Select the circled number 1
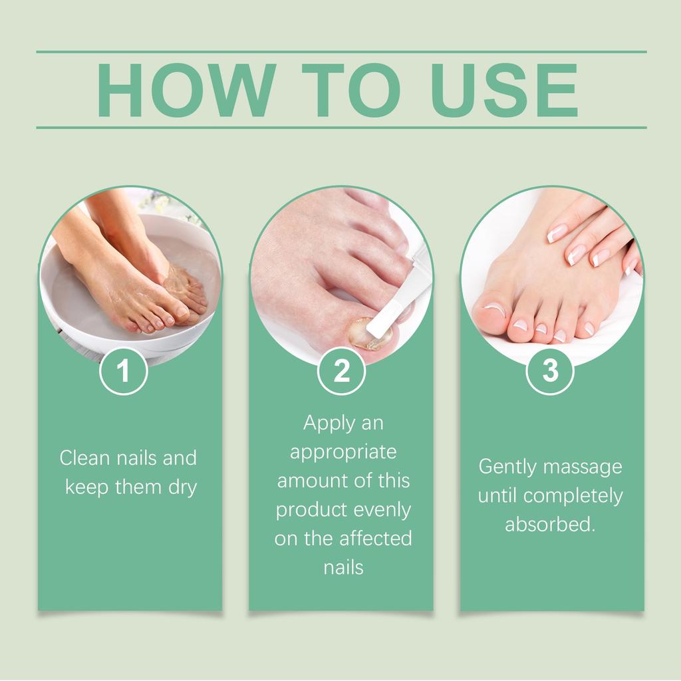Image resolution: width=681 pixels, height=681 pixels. pos(123,371)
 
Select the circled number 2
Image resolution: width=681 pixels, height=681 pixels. pos(341,371)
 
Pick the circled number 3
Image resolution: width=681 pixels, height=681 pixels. pos(551,371)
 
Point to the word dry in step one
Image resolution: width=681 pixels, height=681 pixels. pos(180,487)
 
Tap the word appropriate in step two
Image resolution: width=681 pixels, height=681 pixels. pos(343,452)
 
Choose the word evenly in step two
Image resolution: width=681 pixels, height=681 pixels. pos(382,510)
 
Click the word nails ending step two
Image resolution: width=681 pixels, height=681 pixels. pos(343,568)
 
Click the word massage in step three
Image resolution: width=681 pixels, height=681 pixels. pos(583,467)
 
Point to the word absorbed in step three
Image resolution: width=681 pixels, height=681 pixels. pos(549,525)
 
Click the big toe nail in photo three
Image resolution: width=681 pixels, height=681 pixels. pos(491,309)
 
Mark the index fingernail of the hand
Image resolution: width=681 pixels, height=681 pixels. pos(557,232)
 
